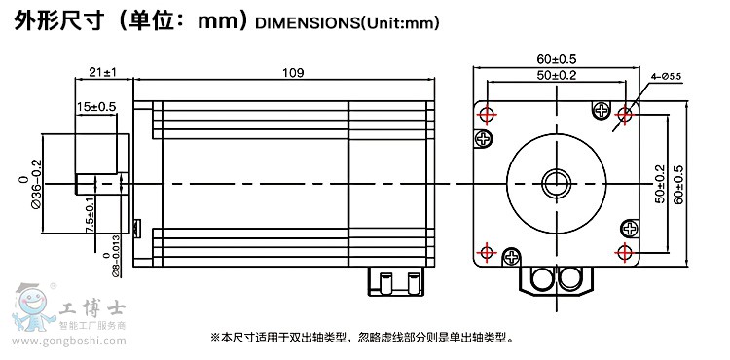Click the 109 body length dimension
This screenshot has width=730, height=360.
[x=293, y=73]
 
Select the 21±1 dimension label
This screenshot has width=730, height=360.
[x=102, y=72]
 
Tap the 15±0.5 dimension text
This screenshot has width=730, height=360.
[x=96, y=107]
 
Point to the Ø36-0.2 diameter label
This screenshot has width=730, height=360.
[x=32, y=184]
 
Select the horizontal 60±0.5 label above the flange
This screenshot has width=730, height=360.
[x=557, y=59]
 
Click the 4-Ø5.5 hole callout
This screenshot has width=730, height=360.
[x=666, y=76]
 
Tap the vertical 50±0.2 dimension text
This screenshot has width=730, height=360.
[x=659, y=184]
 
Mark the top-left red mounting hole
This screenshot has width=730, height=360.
[x=487, y=114]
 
